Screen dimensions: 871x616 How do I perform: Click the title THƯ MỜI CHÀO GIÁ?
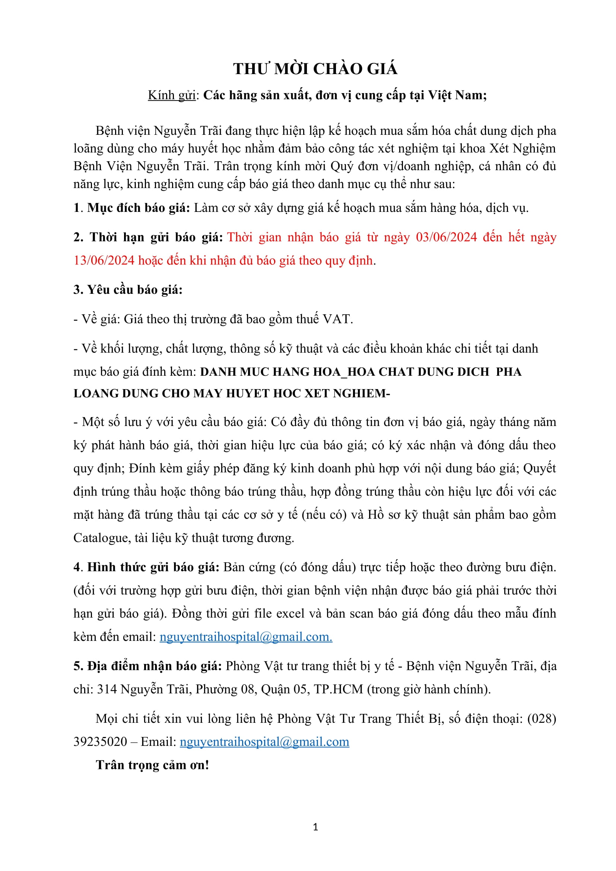pyautogui.click(x=315, y=69)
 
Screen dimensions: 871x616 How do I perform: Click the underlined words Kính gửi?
pyautogui.click(x=171, y=95)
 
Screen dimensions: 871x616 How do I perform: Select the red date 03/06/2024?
pyautogui.click(x=447, y=237)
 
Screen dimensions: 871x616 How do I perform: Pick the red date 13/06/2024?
pyautogui.click(x=104, y=260)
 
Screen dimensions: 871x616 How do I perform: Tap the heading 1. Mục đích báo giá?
pyautogui.click(x=131, y=208)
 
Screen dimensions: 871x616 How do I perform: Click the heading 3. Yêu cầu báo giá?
pyautogui.click(x=128, y=289)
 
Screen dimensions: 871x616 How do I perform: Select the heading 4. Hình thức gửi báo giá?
pyautogui.click(x=146, y=567)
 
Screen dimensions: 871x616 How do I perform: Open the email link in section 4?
pyautogui.click(x=246, y=636)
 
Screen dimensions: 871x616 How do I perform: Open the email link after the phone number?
pyautogui.click(x=264, y=742)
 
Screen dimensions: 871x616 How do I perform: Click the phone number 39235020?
pyautogui.click(x=100, y=742)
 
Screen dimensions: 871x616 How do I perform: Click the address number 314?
pyautogui.click(x=107, y=689)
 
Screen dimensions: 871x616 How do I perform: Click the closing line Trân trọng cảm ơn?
pyautogui.click(x=152, y=765)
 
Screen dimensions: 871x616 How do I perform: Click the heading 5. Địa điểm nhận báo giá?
pyautogui.click(x=147, y=666)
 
